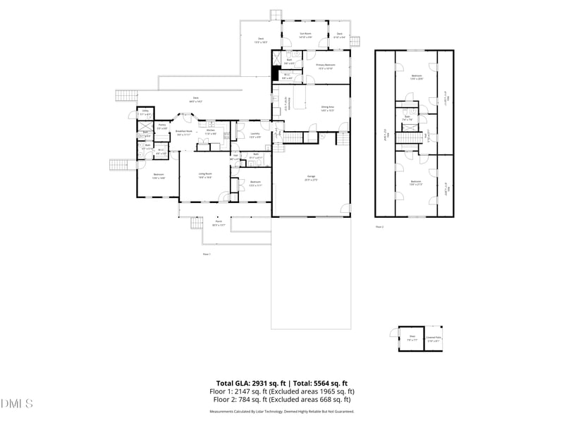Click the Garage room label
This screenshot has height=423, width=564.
point(311,177)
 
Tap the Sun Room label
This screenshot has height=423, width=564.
point(306,35)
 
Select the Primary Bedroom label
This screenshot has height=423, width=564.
point(325,66)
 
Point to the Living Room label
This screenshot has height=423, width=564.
point(205,175)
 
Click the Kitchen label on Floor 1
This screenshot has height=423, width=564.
point(210,132)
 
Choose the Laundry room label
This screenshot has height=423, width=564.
point(255,135)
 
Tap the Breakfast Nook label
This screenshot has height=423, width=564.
point(184,133)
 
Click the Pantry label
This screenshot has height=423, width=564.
point(161,126)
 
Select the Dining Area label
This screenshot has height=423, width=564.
point(327,109)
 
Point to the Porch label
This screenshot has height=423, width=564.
point(219,223)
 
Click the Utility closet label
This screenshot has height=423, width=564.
point(145,112)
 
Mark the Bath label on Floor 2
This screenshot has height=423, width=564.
point(407,118)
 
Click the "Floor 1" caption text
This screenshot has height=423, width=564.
point(207,254)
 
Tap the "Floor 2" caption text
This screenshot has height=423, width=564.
point(379,227)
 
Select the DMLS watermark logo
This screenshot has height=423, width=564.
point(18,403)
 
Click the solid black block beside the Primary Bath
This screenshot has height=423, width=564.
point(275,73)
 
